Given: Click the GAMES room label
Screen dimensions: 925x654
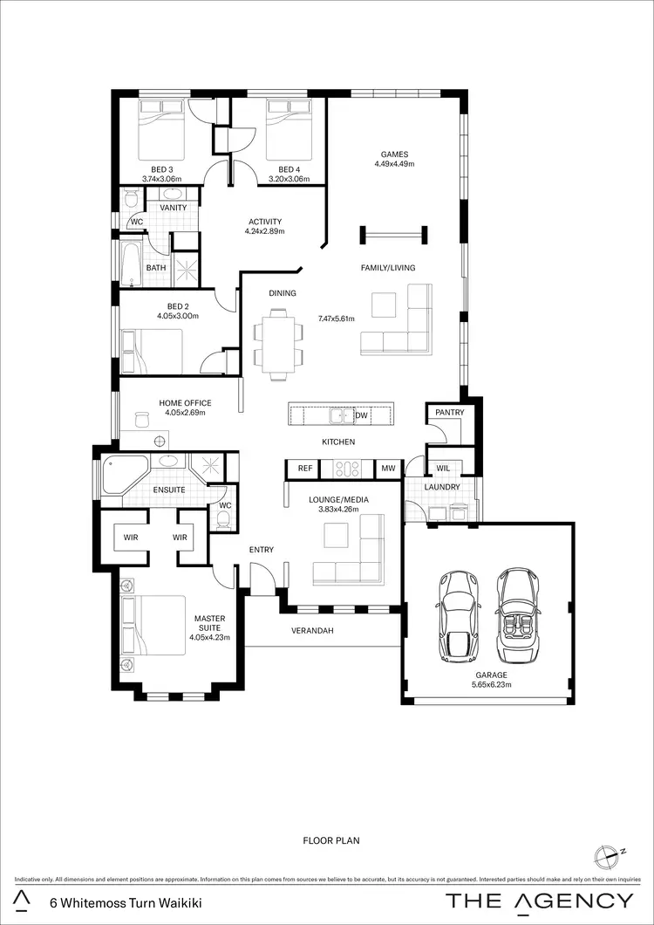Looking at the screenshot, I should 394,154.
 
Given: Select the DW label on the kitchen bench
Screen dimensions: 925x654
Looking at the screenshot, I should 361,415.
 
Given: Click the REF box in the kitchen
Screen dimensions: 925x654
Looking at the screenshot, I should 304,469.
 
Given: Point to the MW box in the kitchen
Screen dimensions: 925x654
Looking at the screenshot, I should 388,469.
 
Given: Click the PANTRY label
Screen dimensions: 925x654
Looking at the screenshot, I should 450,412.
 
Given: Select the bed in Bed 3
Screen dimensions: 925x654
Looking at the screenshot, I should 162,127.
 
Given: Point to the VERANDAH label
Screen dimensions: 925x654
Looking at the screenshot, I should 312,630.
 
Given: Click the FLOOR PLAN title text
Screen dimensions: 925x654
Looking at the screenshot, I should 330,841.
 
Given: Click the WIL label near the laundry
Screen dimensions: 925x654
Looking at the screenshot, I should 443,469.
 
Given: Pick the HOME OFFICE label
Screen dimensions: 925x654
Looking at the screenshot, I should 184,403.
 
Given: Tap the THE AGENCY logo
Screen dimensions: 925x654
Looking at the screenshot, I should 540,901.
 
